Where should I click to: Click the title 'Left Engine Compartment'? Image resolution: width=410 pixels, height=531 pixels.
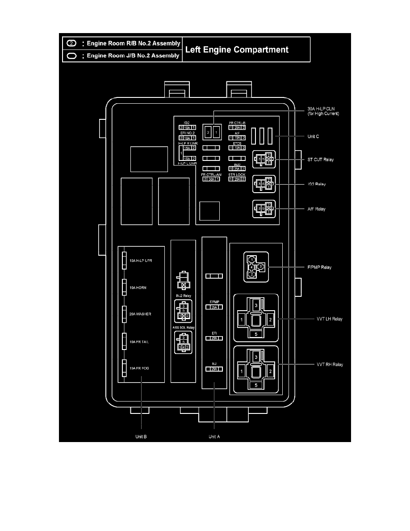[x=237, y=50]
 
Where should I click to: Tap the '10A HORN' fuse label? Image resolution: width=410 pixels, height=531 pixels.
[x=138, y=288]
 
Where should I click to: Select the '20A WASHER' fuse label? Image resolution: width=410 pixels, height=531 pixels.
[x=140, y=314]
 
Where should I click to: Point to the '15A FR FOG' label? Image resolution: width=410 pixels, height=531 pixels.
[x=139, y=368]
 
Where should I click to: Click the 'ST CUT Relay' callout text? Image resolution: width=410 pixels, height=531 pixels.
[x=321, y=159]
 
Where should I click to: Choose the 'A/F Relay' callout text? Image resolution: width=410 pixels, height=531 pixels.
[x=317, y=209]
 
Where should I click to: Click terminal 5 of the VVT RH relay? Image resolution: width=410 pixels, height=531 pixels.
[x=256, y=384]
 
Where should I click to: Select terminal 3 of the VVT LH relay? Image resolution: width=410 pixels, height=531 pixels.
[x=256, y=305]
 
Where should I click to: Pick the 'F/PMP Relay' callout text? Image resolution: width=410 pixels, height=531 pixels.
[x=319, y=268]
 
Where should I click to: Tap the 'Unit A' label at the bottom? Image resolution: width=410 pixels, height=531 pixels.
[x=214, y=437]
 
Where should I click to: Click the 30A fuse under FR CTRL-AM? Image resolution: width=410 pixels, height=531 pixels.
[x=211, y=179]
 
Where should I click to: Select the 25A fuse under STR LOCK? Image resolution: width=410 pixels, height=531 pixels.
[x=237, y=179]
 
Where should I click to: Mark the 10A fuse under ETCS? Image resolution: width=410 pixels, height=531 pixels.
[x=237, y=147]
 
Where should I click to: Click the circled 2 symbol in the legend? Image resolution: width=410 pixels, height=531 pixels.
[x=71, y=44]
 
